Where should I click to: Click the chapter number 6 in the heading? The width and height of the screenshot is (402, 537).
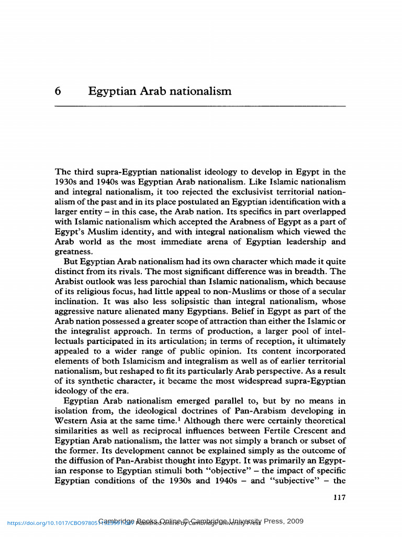tap(58, 92)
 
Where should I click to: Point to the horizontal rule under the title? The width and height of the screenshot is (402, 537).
tap(200, 106)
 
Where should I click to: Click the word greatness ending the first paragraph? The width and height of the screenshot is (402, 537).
tap(73, 252)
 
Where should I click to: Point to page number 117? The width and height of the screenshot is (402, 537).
tap(339, 498)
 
